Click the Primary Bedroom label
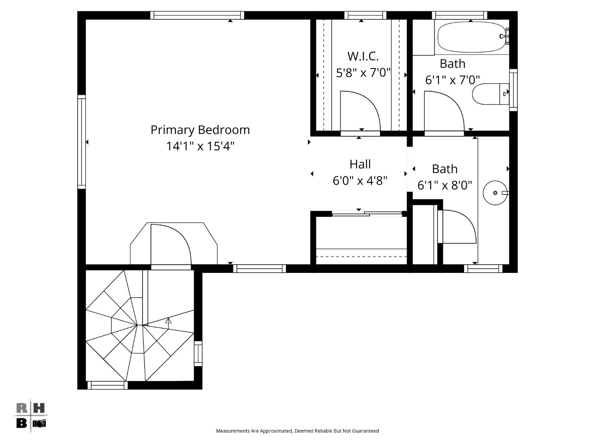(200, 130)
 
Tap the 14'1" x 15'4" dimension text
(200, 146)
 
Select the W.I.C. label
(363, 56)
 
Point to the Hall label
(360, 164)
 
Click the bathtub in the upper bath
(471, 37)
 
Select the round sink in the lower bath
(495, 193)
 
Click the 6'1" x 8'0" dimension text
(445, 185)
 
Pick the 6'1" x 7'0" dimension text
(452, 80)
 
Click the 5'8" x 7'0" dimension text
(363, 73)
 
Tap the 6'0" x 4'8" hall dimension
(360, 181)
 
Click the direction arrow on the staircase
(168, 320)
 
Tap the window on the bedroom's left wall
(82, 142)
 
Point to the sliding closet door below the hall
(367, 214)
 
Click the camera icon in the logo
(39, 423)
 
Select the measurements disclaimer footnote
(297, 431)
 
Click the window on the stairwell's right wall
(198, 353)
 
